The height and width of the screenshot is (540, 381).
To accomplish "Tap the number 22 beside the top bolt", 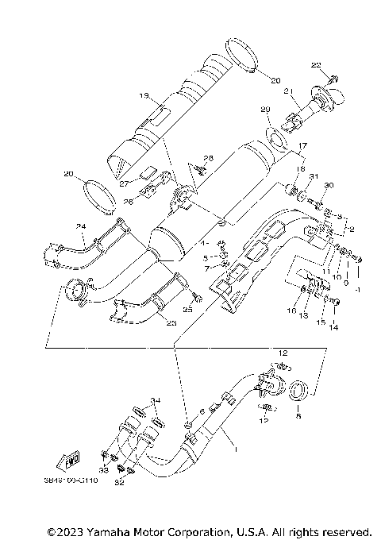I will (x=315, y=64).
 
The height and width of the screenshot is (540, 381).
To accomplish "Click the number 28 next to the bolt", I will (x=209, y=158).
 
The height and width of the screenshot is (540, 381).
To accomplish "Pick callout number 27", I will (x=125, y=182).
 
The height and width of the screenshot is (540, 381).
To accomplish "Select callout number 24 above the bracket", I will (x=80, y=226).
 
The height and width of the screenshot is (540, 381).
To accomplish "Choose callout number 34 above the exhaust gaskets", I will (x=156, y=399).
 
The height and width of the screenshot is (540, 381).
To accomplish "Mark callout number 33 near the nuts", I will (x=104, y=469).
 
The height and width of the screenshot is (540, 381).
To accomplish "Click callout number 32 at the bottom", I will (x=120, y=481).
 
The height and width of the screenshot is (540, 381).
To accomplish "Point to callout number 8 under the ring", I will (x=298, y=414).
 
